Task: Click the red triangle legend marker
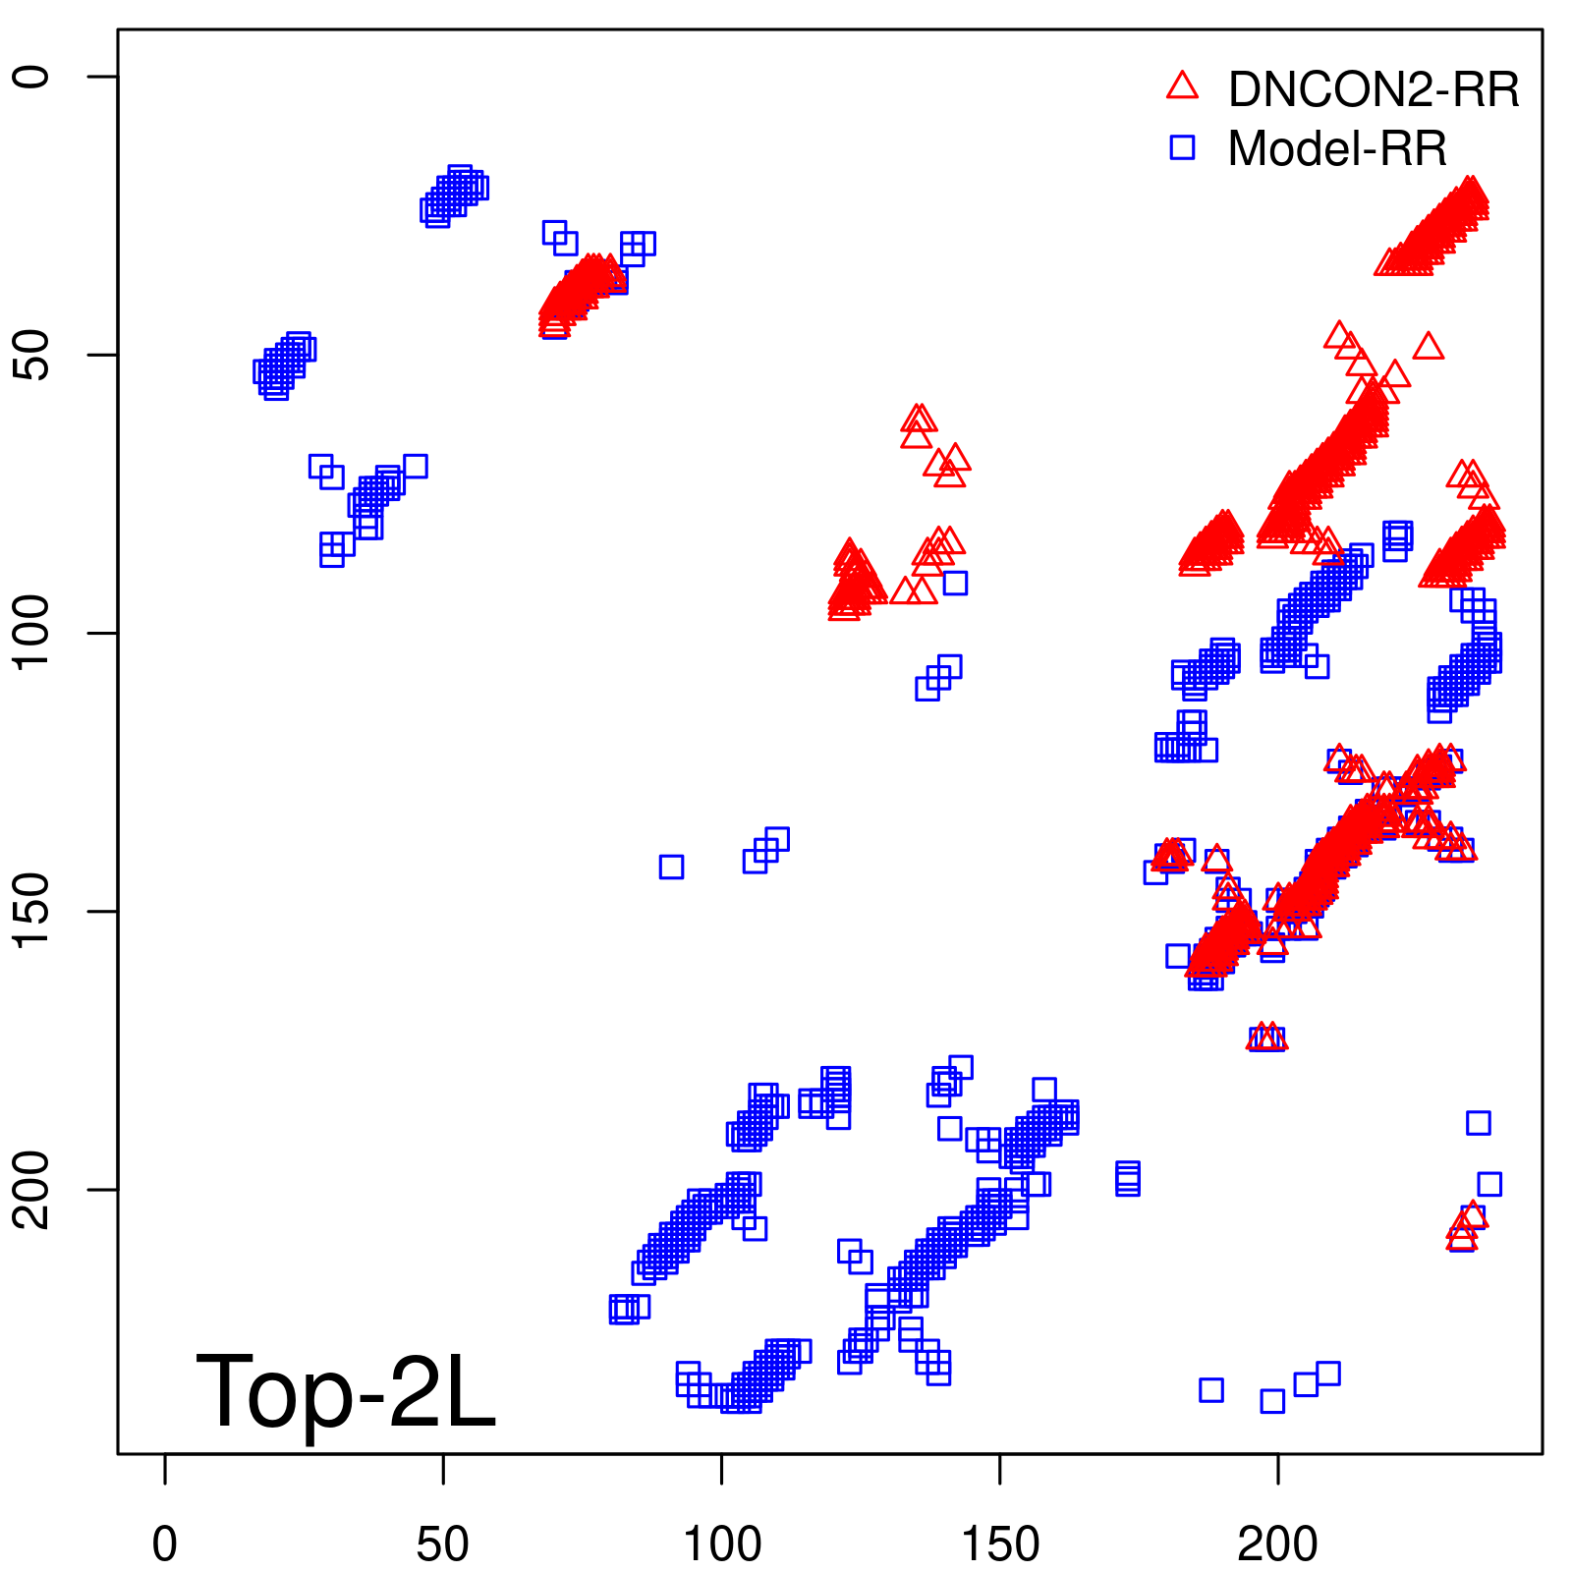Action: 1182,86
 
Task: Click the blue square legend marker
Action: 1182,147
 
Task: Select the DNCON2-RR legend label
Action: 1373,89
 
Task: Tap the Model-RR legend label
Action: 1337,149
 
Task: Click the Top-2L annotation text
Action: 346,1391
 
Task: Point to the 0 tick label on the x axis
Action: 165,1544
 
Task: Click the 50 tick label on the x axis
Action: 443,1544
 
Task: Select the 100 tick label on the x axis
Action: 721,1544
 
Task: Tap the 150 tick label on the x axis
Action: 999,1544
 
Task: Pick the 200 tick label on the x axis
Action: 1277,1544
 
